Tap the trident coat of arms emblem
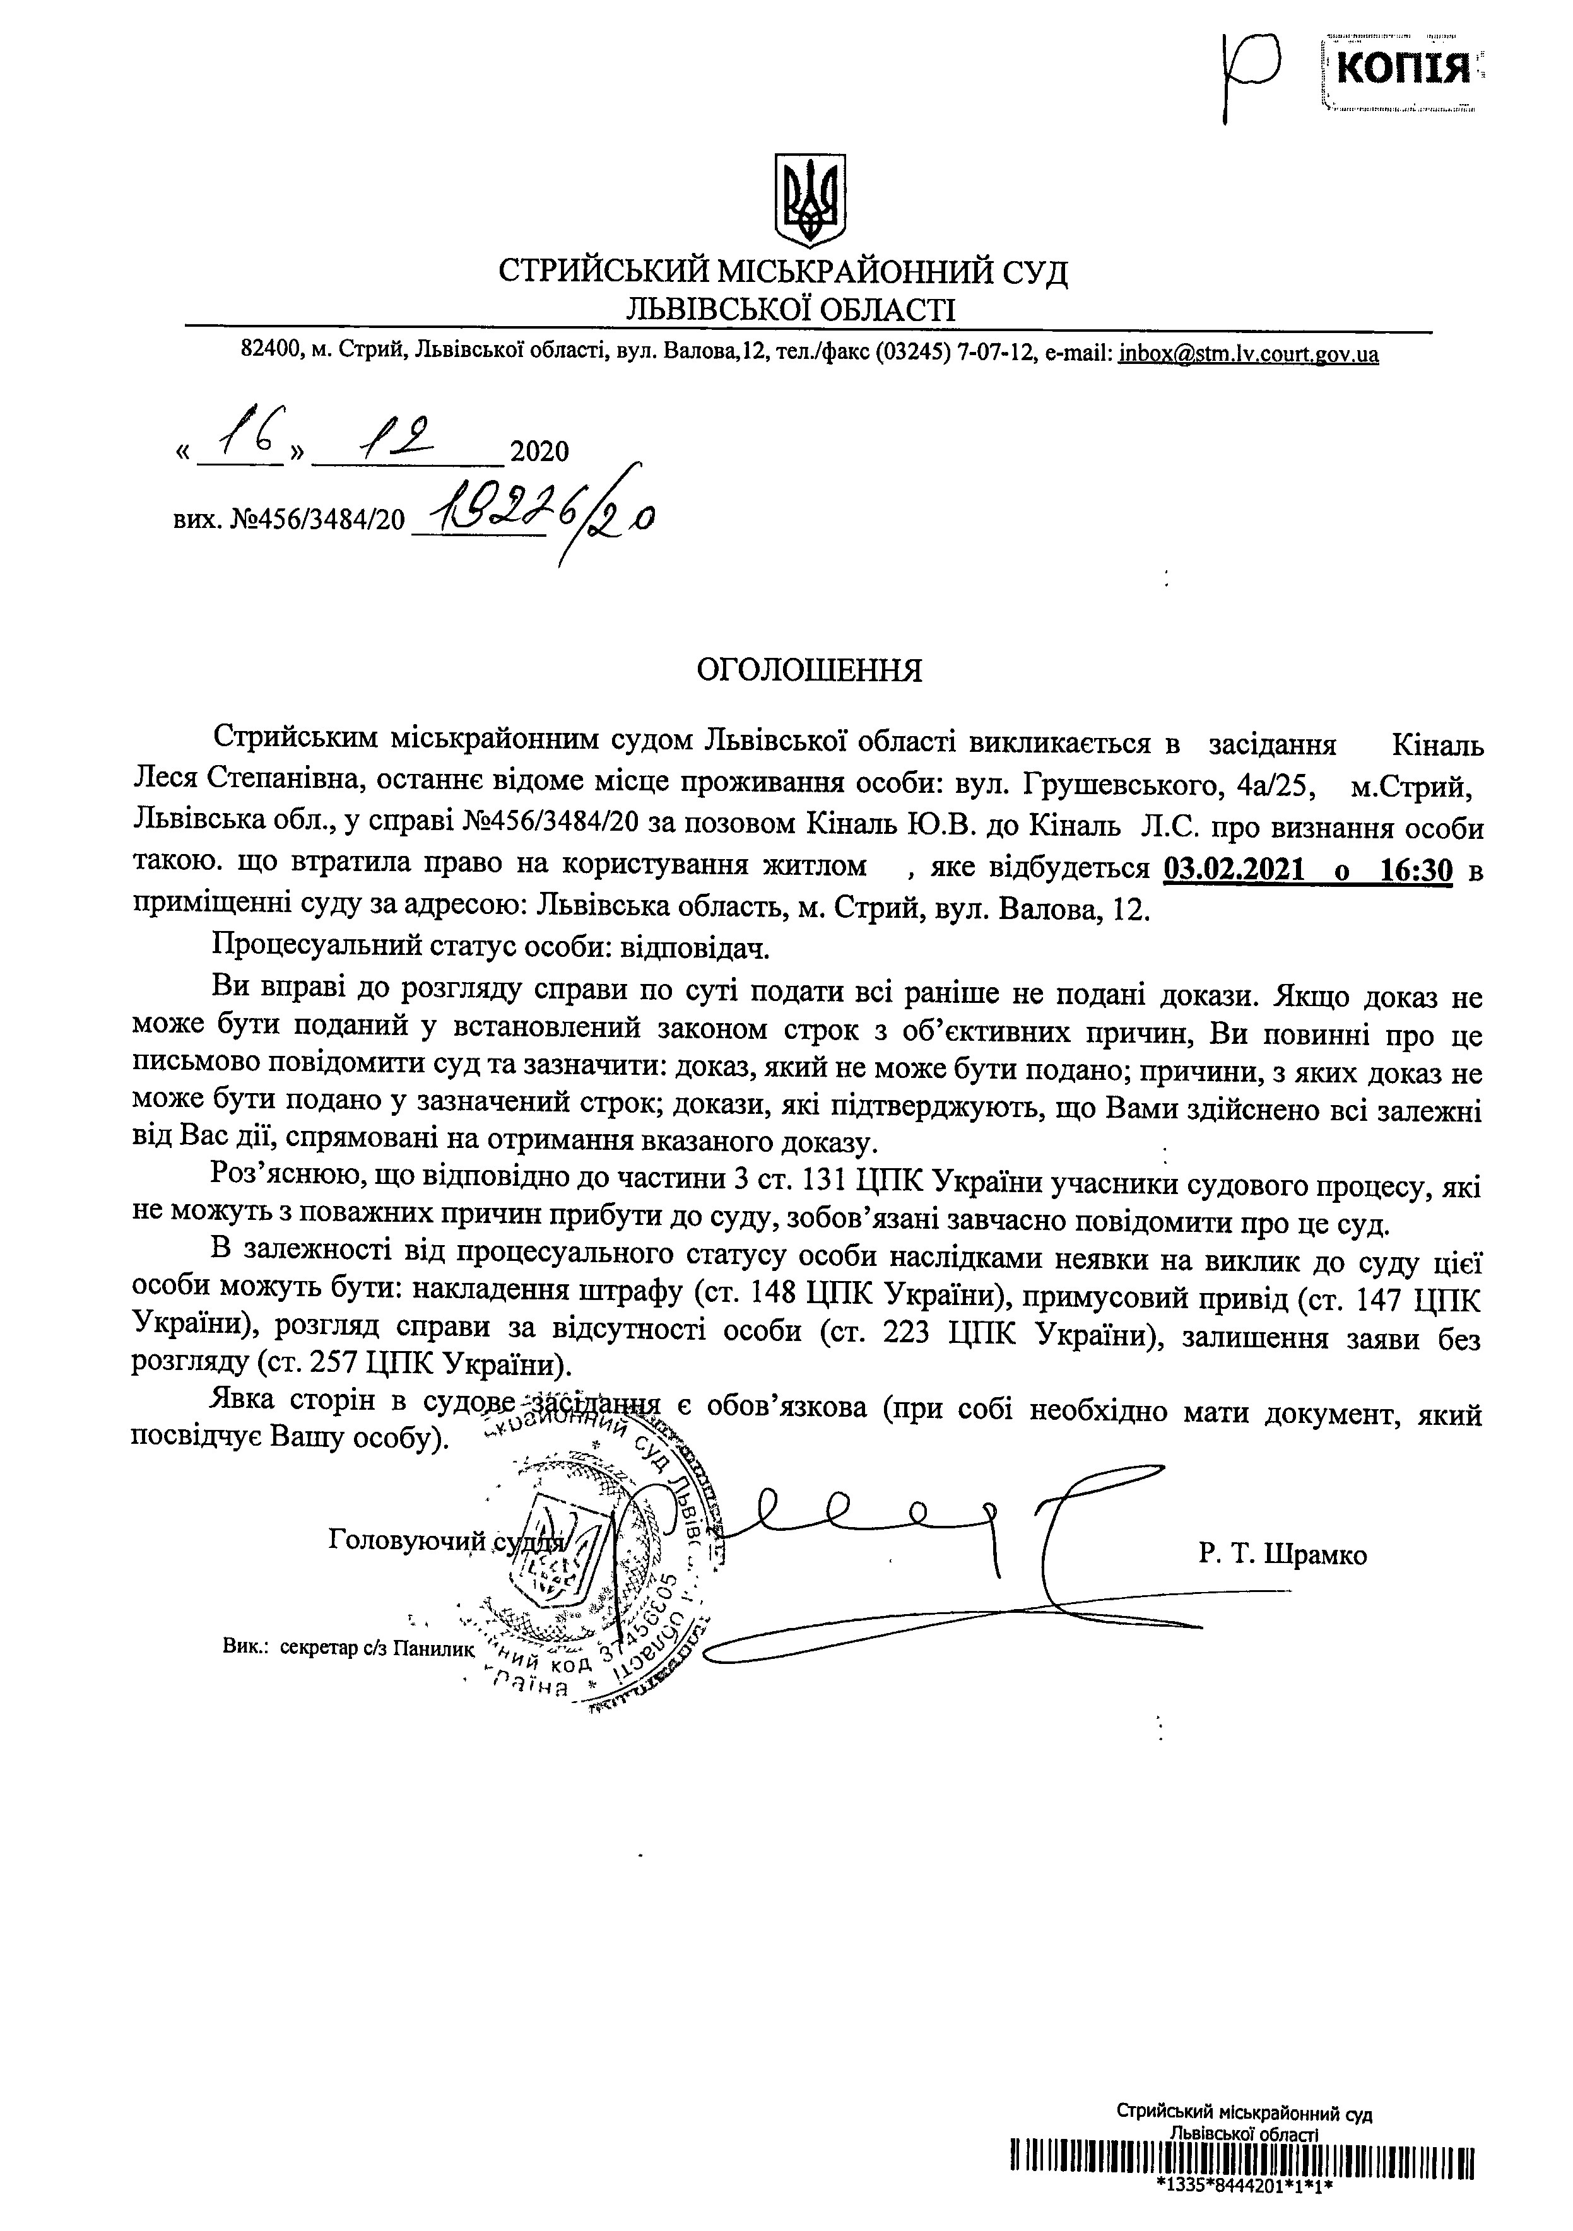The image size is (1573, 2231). pyautogui.click(x=808, y=199)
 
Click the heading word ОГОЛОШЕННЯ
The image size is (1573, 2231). pyautogui.click(x=810, y=670)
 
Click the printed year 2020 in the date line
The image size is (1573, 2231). pyautogui.click(x=539, y=452)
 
